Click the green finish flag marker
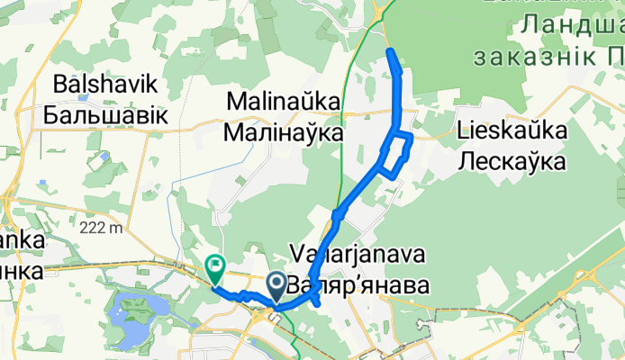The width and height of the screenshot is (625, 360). [215, 267]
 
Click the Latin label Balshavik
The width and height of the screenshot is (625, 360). [106, 85]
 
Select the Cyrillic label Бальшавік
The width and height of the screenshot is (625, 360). [106, 114]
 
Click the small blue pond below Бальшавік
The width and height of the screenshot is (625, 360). [107, 157]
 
